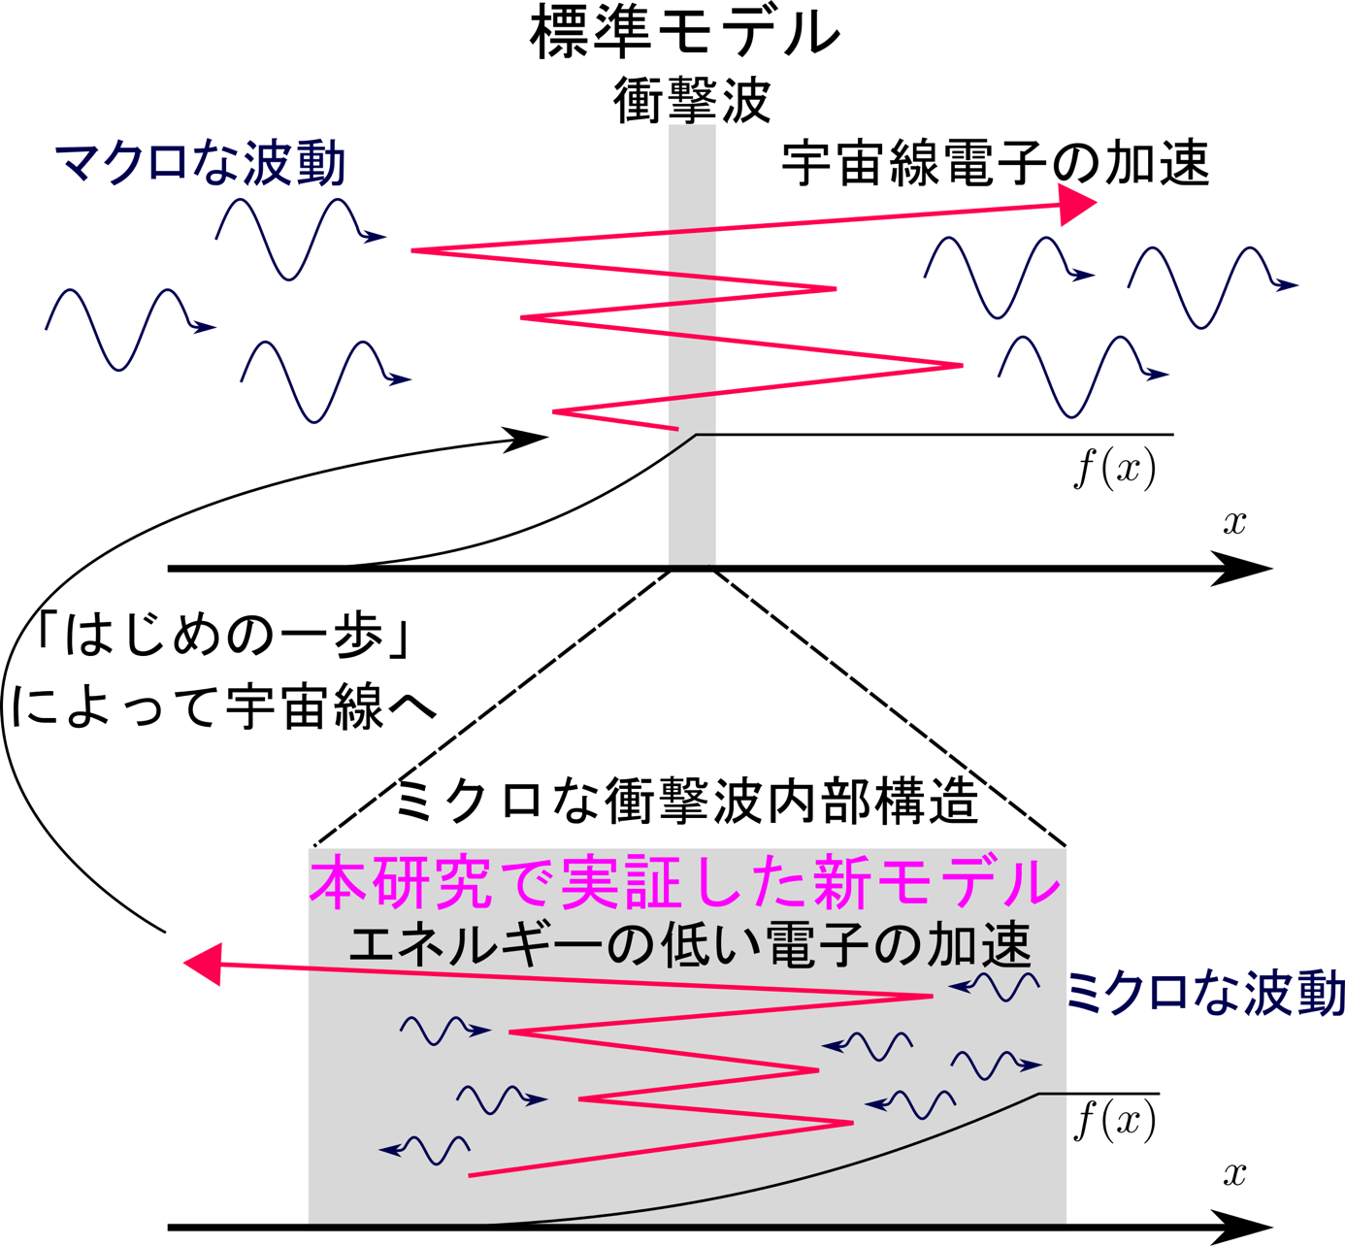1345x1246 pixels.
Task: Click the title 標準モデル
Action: point(685,33)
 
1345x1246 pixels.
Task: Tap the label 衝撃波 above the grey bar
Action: point(692,100)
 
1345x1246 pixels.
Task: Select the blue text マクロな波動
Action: point(201,163)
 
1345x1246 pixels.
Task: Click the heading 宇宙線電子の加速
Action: point(996,163)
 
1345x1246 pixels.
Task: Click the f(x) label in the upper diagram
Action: point(1115,468)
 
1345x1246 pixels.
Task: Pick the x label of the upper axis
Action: point(1234,522)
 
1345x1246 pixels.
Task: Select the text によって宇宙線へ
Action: point(223,707)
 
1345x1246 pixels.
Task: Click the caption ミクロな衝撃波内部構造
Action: point(687,801)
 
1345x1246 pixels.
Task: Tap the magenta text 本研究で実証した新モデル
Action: point(684,881)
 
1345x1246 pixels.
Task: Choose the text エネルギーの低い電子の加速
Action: point(690,945)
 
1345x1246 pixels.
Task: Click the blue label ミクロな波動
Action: point(1205,993)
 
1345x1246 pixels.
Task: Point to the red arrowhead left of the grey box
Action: point(203,964)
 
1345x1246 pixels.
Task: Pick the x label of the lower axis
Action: point(1234,1174)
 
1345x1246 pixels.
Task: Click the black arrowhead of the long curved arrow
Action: point(526,439)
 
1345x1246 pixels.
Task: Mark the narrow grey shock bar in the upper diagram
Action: point(692,345)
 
